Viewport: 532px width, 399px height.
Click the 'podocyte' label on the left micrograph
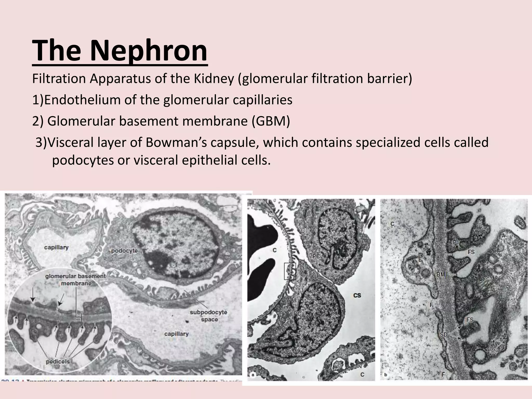(124, 251)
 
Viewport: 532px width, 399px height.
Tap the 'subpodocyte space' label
(209, 315)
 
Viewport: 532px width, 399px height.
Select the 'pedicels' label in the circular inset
(58, 361)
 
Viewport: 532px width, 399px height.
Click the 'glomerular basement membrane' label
(76, 280)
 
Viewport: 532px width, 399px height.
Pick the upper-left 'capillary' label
(56, 247)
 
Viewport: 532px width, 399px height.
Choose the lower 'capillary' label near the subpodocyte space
(176, 334)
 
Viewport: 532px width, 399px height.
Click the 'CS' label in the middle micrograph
(357, 295)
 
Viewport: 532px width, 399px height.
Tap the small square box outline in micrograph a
(290, 271)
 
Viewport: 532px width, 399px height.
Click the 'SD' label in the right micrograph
(443, 335)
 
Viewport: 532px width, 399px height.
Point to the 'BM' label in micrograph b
(441, 274)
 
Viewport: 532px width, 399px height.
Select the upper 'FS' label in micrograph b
(471, 252)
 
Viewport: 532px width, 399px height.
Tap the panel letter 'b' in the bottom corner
(385, 375)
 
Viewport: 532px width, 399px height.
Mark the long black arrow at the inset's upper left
(32, 296)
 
